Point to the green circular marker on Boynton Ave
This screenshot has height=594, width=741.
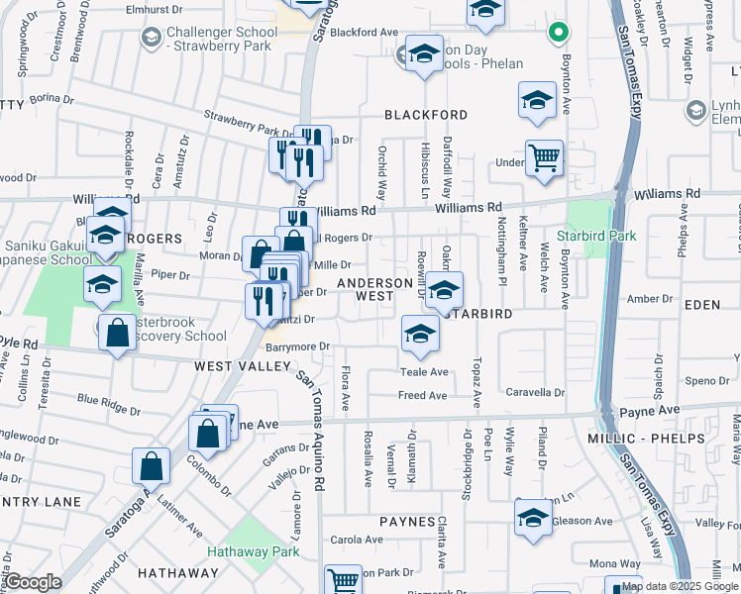coord(559,33)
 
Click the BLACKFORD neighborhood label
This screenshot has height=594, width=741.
coord(426,115)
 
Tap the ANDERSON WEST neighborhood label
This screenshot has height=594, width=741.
coord(374,289)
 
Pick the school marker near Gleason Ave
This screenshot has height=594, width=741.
coord(533,518)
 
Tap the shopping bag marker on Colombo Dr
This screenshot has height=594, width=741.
coord(151,465)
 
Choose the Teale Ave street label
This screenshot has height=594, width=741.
coord(424,372)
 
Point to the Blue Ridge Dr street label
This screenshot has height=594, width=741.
coord(109,407)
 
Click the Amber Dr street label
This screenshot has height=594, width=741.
coord(650,299)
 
